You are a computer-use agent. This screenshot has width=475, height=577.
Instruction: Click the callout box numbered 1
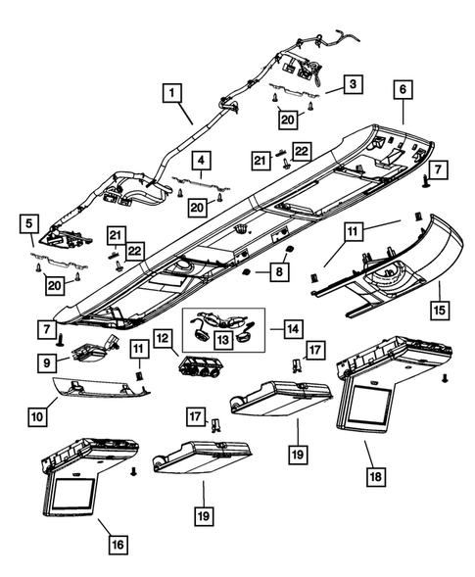[172, 94]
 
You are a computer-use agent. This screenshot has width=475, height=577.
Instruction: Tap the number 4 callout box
[200, 159]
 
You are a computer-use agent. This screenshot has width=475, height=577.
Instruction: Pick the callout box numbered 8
[281, 267]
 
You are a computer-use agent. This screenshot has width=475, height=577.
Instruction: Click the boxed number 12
[162, 338]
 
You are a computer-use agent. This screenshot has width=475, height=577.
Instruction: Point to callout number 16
[117, 541]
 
